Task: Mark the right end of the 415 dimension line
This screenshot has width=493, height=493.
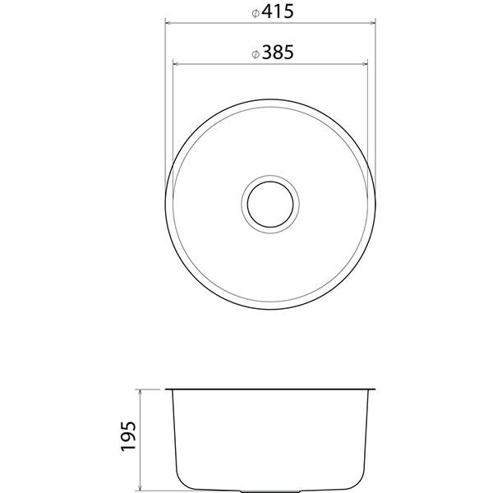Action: (376, 22)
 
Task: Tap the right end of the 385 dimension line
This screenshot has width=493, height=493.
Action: (369, 62)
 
